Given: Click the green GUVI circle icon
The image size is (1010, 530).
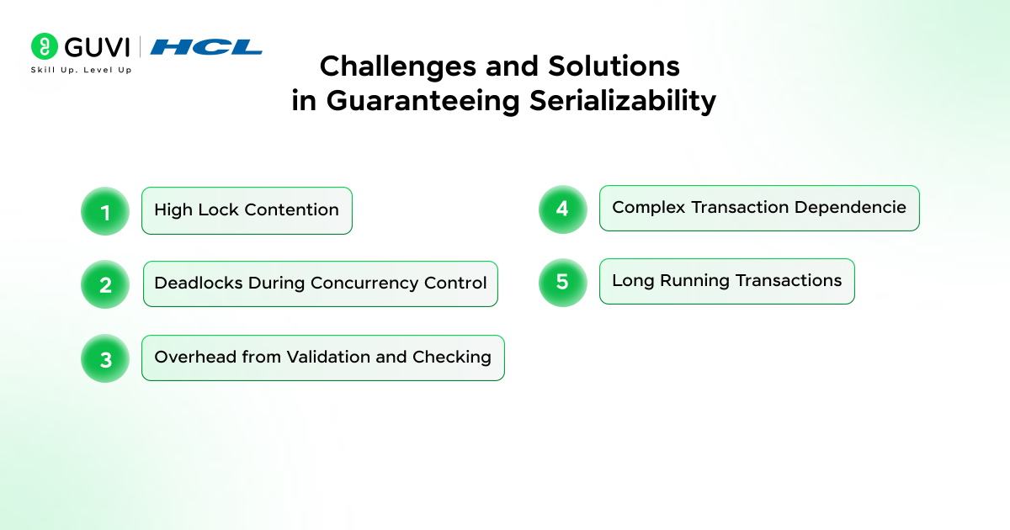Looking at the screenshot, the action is click(x=44, y=46).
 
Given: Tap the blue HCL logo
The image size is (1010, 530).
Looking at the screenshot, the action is click(x=206, y=47).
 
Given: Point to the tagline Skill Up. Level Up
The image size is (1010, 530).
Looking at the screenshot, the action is click(x=81, y=70).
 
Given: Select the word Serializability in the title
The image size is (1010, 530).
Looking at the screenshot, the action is click(x=623, y=101).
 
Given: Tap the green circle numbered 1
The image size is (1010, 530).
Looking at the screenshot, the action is click(x=105, y=211).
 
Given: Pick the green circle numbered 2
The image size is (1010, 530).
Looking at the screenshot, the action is click(x=105, y=284).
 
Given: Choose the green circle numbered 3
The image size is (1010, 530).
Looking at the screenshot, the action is click(x=105, y=358).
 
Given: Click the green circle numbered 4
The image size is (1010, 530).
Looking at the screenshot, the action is click(x=563, y=209).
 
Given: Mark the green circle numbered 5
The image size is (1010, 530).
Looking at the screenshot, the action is click(x=563, y=283).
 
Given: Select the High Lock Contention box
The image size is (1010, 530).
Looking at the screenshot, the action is click(x=247, y=210).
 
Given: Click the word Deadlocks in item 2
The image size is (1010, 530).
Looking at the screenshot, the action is click(x=199, y=283).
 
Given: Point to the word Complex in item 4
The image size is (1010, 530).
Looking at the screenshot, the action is click(x=649, y=208).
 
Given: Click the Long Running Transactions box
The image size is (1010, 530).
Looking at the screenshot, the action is click(x=727, y=281).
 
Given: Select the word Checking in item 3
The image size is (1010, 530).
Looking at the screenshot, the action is click(x=452, y=358).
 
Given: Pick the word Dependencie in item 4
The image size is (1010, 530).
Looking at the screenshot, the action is click(x=850, y=207).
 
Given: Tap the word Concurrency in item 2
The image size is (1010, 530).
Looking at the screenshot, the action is click(x=364, y=284).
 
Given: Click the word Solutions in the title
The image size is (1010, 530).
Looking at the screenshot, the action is click(x=614, y=67).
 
